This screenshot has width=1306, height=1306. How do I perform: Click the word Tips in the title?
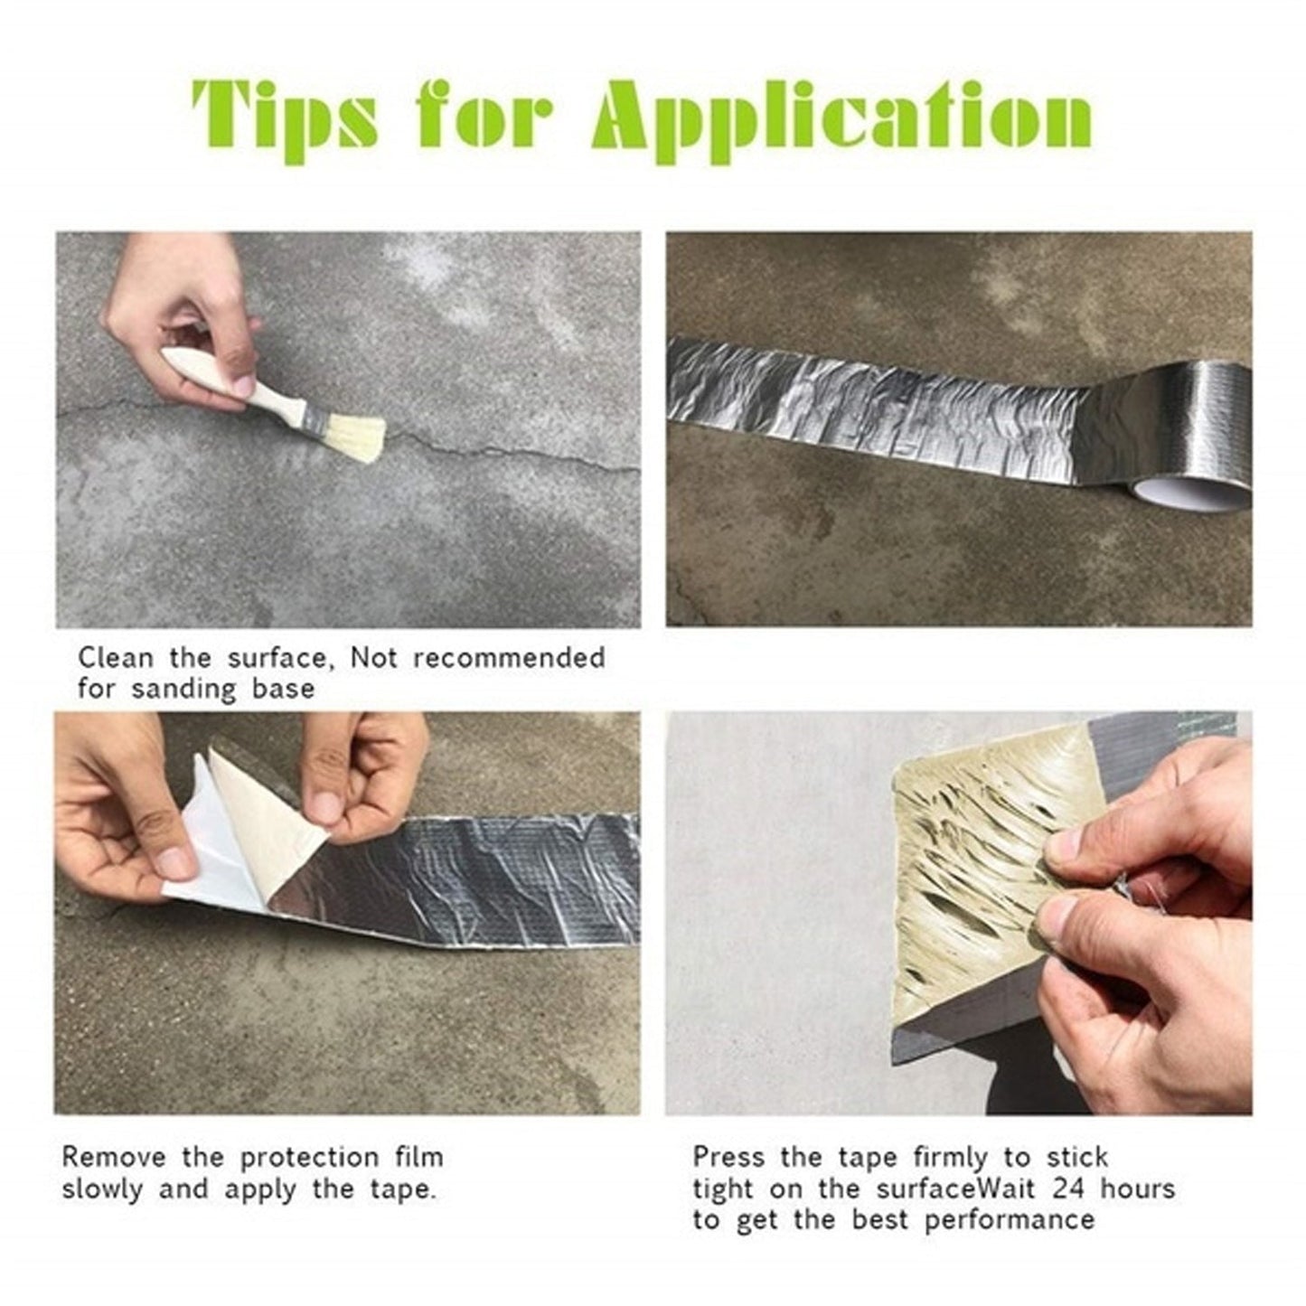pyautogui.click(x=285, y=117)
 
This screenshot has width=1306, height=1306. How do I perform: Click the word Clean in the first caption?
pyautogui.click(x=116, y=657)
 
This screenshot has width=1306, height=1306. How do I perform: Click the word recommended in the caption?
pyautogui.click(x=509, y=657)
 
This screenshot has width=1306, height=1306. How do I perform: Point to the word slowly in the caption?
pyautogui.click(x=101, y=1189)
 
